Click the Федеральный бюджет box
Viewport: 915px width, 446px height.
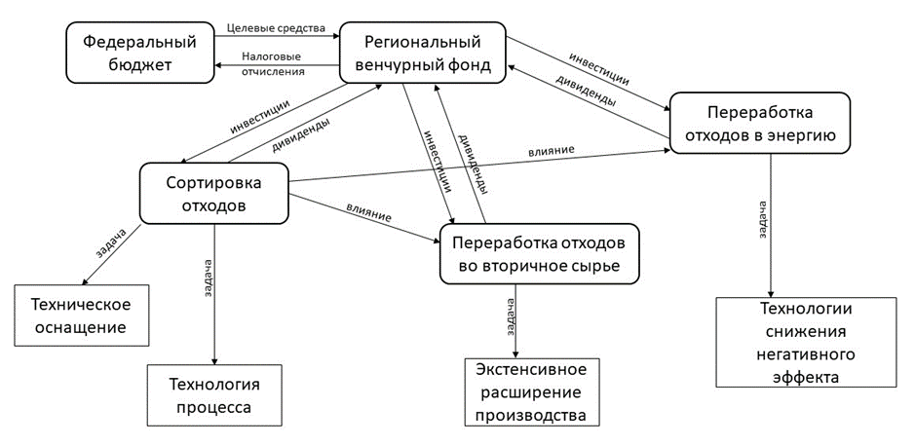139,54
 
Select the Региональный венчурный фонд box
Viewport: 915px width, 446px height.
423,55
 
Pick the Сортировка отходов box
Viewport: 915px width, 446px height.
214,193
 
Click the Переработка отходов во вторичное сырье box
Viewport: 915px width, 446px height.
540,253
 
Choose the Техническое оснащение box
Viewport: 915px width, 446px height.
82,315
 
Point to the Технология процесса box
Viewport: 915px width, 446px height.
214,392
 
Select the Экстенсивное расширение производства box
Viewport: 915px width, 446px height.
530,392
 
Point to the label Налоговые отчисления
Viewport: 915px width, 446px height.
273,63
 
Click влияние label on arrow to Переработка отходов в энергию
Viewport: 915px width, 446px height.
553,150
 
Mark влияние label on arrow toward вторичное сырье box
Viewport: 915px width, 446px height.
368,213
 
